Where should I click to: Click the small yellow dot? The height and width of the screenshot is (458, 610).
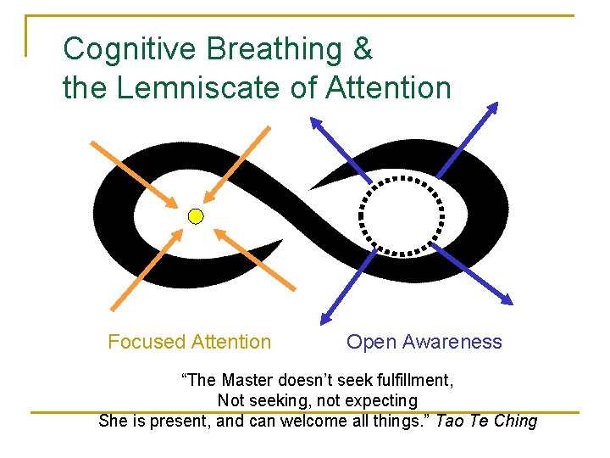coord(196,216)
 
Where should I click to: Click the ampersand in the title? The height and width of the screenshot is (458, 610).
coord(363,48)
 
